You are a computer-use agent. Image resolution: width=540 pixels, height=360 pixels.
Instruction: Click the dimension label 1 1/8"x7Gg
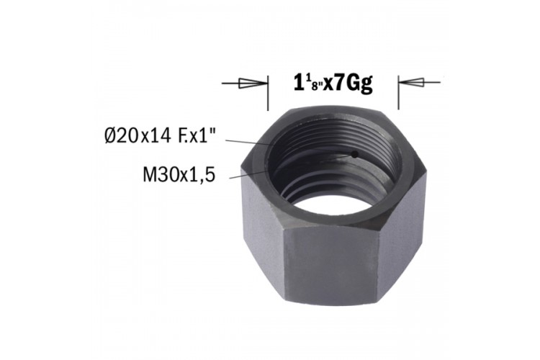[333, 84]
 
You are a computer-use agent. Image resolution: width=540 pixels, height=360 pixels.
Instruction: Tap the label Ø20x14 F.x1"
[161, 136]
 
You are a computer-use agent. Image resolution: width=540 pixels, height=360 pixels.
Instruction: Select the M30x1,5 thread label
[179, 175]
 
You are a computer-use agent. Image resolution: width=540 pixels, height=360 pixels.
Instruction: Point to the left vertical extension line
[268, 93]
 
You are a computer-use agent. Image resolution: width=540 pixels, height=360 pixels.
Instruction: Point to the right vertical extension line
[398, 92]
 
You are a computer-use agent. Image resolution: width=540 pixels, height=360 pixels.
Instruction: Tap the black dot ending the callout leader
[354, 155]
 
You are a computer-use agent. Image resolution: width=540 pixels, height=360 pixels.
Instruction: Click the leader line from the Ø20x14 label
[289, 147]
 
